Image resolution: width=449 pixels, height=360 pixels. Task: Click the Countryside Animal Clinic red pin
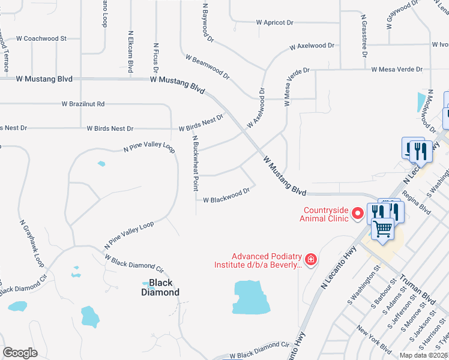[x=358, y=213]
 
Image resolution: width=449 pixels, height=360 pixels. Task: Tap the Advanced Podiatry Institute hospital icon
[x=311, y=259]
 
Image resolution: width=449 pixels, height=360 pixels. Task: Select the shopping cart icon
[x=382, y=228]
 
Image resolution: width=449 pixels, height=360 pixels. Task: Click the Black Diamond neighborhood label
[x=160, y=287]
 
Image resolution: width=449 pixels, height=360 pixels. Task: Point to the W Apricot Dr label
[x=275, y=22]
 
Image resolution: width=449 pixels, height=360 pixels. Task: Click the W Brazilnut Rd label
[x=83, y=104]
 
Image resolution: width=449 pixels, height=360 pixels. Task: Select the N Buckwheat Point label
[x=195, y=163]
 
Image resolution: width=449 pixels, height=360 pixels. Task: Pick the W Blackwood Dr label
[x=226, y=196]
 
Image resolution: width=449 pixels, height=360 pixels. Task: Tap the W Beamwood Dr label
[x=208, y=67]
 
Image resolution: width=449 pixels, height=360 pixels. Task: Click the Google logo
[x=20, y=353]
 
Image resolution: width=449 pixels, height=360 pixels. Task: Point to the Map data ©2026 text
[x=423, y=355]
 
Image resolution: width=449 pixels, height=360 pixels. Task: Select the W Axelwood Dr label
[x=312, y=46]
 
